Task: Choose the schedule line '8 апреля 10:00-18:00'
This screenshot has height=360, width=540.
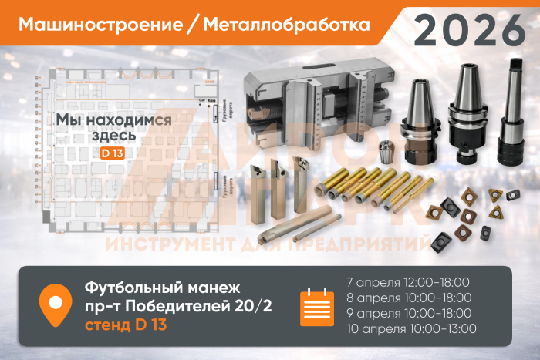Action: pyautogui.click(x=407, y=298)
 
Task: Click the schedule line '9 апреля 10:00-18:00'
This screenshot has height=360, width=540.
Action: pyautogui.click(x=407, y=313)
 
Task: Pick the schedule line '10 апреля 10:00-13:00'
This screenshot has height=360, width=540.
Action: pyautogui.click(x=410, y=329)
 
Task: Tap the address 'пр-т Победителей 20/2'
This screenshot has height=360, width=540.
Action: pyautogui.click(x=173, y=305)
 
